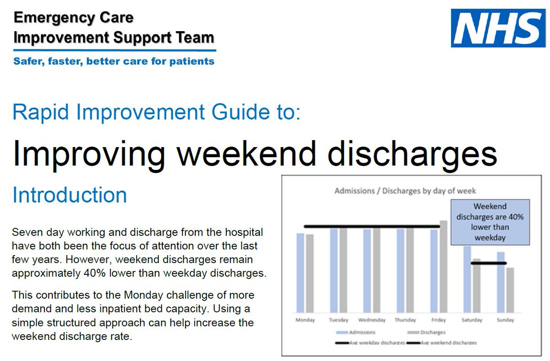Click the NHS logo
498,28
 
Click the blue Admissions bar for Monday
300,273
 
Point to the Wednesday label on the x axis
372,320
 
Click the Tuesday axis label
339,320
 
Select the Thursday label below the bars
406,320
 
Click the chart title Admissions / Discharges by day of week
405,191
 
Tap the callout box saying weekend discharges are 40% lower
490,222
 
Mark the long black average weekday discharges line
371,226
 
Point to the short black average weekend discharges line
489,263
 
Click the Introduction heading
70,195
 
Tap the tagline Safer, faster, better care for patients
114,61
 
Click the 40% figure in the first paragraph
88,273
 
